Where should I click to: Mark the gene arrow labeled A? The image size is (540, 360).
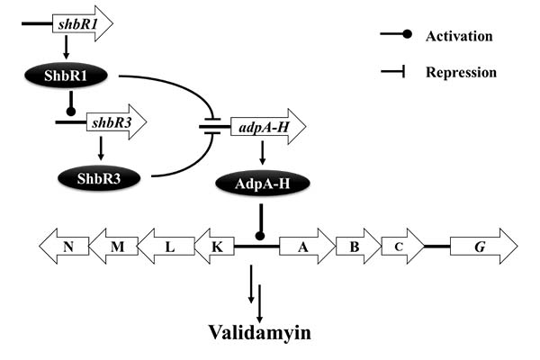pyautogui.click(x=307, y=246)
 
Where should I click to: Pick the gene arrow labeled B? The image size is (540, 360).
pyautogui.click(x=355, y=246)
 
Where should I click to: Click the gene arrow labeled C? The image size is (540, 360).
pyautogui.click(x=401, y=246)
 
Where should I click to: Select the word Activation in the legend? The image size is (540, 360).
pyautogui.click(x=460, y=36)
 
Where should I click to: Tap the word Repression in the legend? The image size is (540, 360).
pyautogui.click(x=461, y=71)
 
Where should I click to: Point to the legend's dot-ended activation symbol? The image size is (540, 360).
pyautogui.click(x=396, y=35)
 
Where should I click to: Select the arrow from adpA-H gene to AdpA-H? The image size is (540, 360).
pyautogui.click(x=262, y=155)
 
